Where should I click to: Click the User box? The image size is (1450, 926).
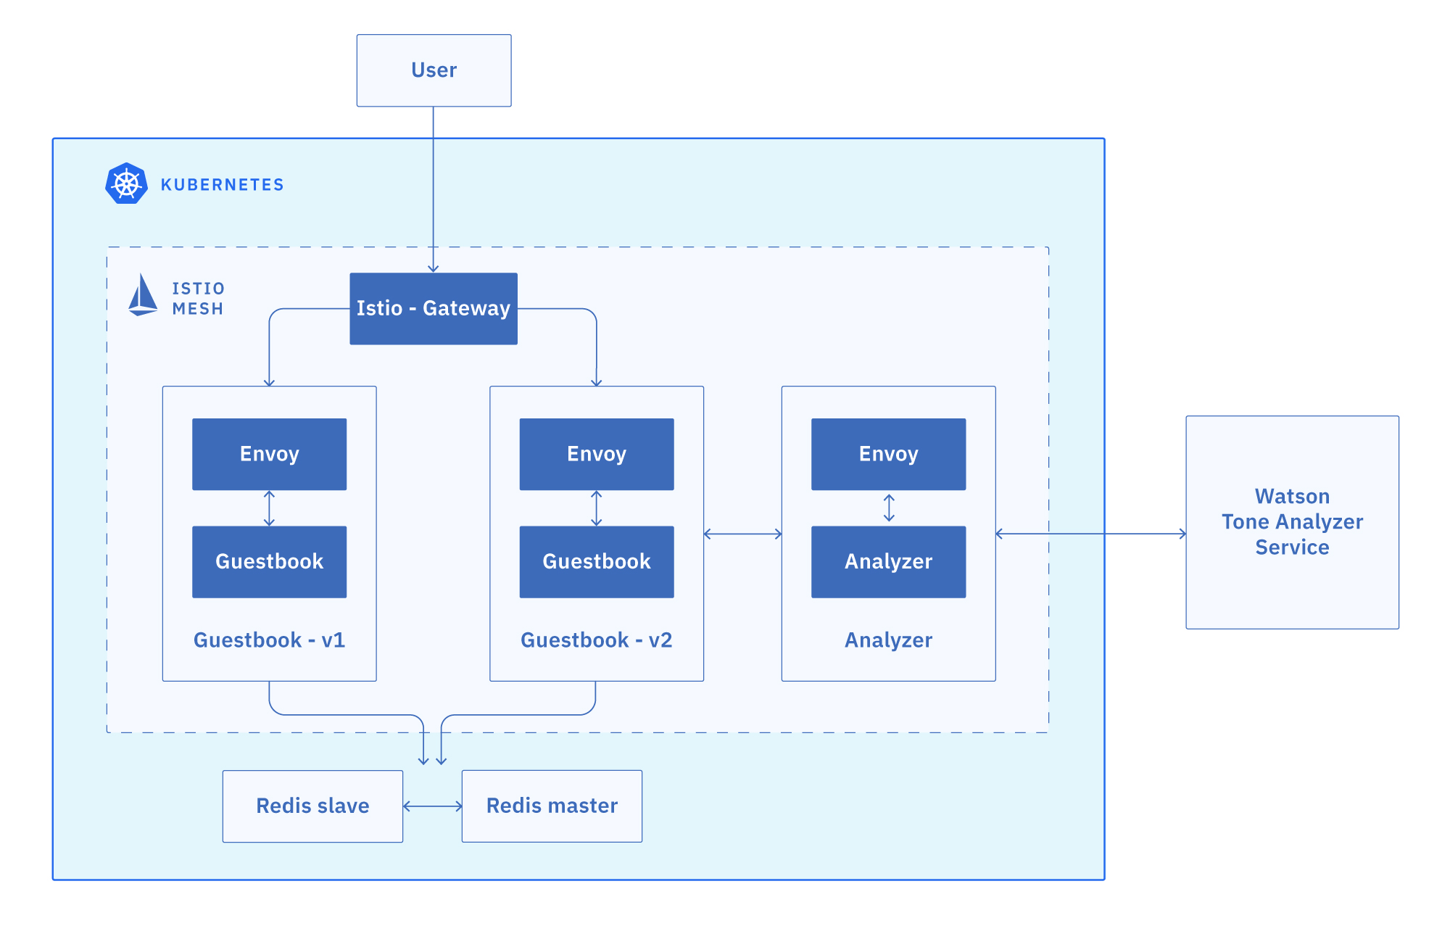(x=434, y=70)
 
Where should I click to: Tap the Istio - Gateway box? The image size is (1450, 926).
(x=434, y=308)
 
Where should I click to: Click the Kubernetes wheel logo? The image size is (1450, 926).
(x=126, y=183)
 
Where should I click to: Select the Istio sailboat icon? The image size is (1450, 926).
(x=142, y=295)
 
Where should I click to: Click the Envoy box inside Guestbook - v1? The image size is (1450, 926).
(x=269, y=454)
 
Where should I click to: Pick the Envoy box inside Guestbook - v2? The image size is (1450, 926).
(x=596, y=454)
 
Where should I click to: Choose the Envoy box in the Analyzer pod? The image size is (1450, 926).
(x=888, y=454)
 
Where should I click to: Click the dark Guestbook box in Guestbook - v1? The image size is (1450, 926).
(x=269, y=561)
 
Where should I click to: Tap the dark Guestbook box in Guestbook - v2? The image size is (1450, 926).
(x=596, y=561)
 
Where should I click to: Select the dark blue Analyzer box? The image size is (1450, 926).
(x=888, y=561)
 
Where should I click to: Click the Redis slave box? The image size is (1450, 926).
(x=312, y=806)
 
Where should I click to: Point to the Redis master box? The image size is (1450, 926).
(x=552, y=806)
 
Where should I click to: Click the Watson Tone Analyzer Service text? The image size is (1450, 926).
(x=1292, y=521)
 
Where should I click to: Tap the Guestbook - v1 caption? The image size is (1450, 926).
(x=269, y=640)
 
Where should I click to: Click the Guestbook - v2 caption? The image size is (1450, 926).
(x=596, y=640)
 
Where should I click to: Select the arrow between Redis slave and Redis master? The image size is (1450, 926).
(x=432, y=806)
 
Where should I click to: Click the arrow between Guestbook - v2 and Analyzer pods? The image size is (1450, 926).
(x=742, y=534)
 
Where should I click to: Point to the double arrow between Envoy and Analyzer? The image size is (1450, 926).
(x=889, y=508)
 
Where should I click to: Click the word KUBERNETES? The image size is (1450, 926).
(x=222, y=185)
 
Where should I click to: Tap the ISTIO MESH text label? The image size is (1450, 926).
(x=198, y=299)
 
